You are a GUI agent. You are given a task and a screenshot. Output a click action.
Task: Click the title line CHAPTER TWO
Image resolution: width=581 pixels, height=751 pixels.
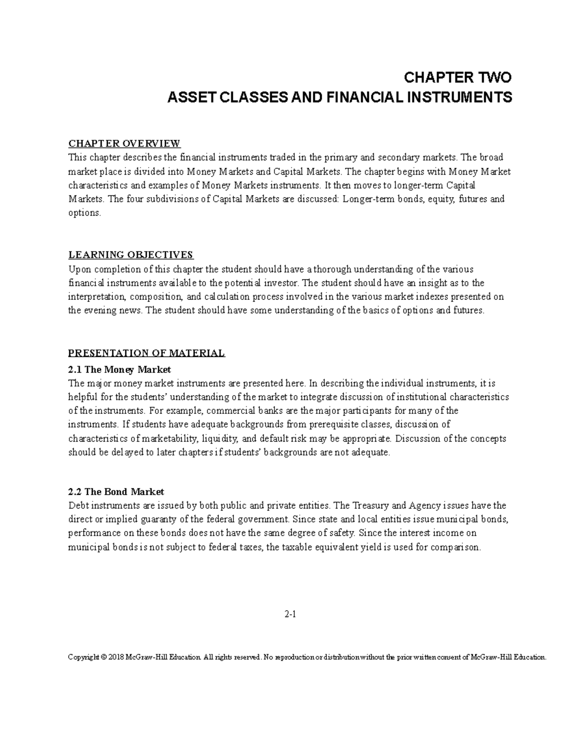(x=458, y=77)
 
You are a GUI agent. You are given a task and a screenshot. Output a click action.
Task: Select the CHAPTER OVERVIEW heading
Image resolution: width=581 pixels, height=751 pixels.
(x=124, y=144)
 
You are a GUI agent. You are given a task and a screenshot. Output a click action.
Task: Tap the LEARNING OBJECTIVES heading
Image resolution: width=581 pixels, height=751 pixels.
(x=131, y=255)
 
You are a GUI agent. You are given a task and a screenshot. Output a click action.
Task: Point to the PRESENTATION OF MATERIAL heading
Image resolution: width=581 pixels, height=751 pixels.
(x=147, y=353)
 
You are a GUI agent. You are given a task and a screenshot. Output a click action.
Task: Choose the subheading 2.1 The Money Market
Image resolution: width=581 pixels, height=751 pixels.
(x=120, y=369)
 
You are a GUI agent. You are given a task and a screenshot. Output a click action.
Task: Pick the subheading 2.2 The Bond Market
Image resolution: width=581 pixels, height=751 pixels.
(x=116, y=492)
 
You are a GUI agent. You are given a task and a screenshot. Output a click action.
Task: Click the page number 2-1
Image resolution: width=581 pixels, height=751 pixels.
(x=290, y=615)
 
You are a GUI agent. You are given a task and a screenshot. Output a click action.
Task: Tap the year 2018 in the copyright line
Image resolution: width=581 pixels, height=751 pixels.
(x=117, y=657)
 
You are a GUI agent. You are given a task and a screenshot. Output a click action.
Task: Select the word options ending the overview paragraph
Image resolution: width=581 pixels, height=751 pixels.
(x=84, y=213)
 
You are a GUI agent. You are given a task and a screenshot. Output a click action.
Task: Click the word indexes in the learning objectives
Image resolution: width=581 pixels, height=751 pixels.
(x=438, y=296)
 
